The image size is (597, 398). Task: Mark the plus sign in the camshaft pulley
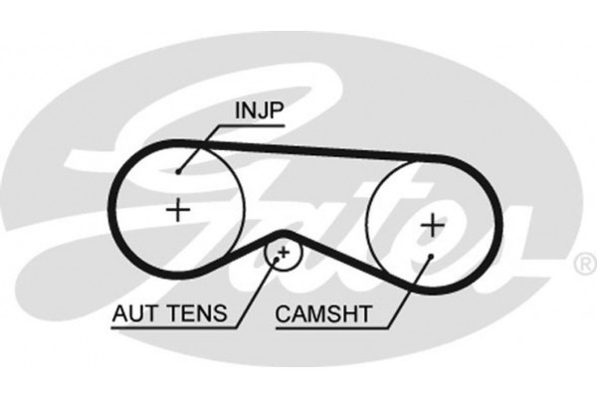pyautogui.click(x=432, y=226)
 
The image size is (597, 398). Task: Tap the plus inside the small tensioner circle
pyautogui.click(x=284, y=253)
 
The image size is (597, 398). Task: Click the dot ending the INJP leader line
pyautogui.click(x=178, y=170)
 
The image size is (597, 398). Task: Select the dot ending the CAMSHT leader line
pyautogui.click(x=429, y=256)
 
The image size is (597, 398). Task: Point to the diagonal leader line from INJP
pyautogui.click(x=204, y=145)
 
